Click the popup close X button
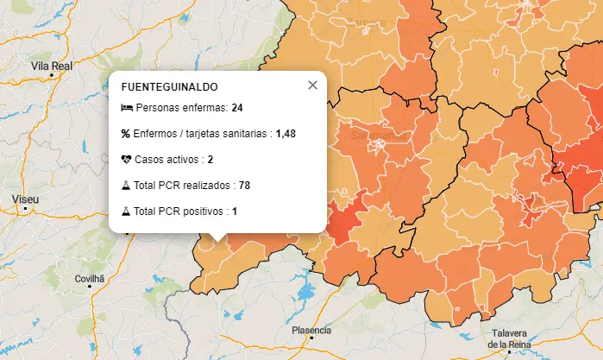click(312, 85)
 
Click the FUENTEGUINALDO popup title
click(169, 87)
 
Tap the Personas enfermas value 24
click(237, 108)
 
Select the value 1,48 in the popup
click(286, 134)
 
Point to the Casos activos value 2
click(210, 160)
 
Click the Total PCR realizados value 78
click(244, 186)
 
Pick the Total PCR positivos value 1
click(234, 212)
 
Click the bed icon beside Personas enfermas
click(126, 108)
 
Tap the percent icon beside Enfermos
click(126, 134)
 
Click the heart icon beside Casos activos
click(126, 160)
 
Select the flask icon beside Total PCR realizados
click(126, 186)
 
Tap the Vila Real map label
click(51, 65)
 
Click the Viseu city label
click(26, 199)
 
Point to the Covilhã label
click(89, 279)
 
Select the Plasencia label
click(311, 330)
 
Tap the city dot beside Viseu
click(26, 209)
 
